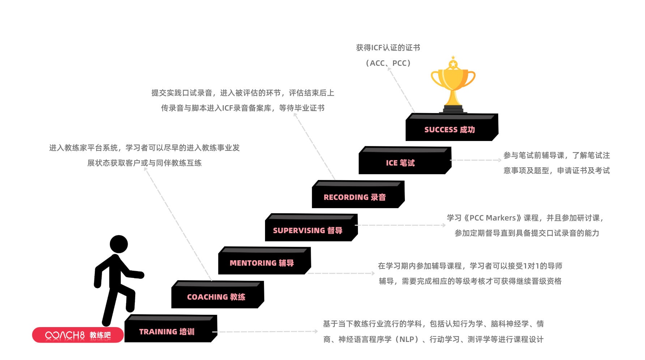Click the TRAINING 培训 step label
(x=167, y=332)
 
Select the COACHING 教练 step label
(x=216, y=297)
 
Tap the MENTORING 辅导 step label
(x=261, y=263)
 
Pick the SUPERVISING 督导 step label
(x=307, y=231)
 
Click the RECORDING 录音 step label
(x=354, y=197)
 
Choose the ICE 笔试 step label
(x=400, y=163)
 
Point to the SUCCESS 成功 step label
(x=449, y=130)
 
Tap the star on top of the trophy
(x=453, y=64)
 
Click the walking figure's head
(x=119, y=244)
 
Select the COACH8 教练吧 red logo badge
(x=78, y=335)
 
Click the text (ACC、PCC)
(x=388, y=63)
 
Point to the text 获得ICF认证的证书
(x=388, y=48)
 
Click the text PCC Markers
(x=492, y=218)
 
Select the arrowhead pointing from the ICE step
(x=499, y=160)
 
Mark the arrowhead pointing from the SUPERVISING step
(x=444, y=225)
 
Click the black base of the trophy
(x=453, y=109)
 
